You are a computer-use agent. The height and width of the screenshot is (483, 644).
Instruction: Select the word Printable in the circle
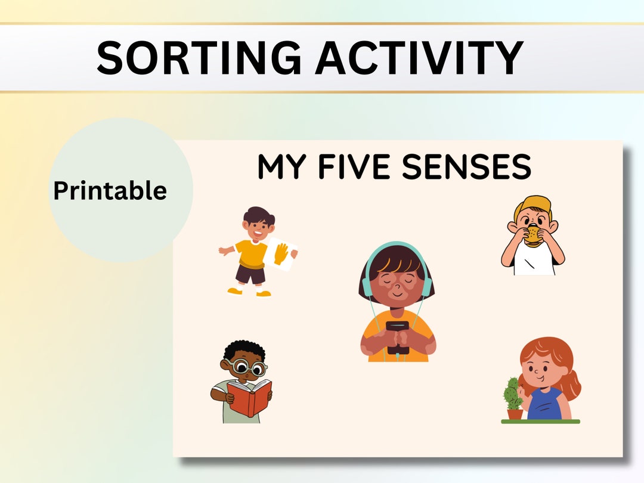coord(110,191)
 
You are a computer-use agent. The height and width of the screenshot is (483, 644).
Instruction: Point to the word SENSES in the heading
coord(466,167)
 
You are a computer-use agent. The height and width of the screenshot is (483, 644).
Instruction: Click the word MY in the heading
coord(282,167)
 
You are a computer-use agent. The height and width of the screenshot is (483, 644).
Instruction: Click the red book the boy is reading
coord(249,397)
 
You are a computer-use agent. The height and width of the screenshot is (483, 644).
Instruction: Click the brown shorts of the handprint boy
coord(250,275)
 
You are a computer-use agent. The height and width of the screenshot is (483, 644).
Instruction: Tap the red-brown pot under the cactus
coord(515,413)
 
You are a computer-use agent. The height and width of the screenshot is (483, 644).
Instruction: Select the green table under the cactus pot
coord(540,421)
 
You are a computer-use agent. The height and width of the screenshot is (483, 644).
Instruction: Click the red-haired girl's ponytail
coord(571,385)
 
